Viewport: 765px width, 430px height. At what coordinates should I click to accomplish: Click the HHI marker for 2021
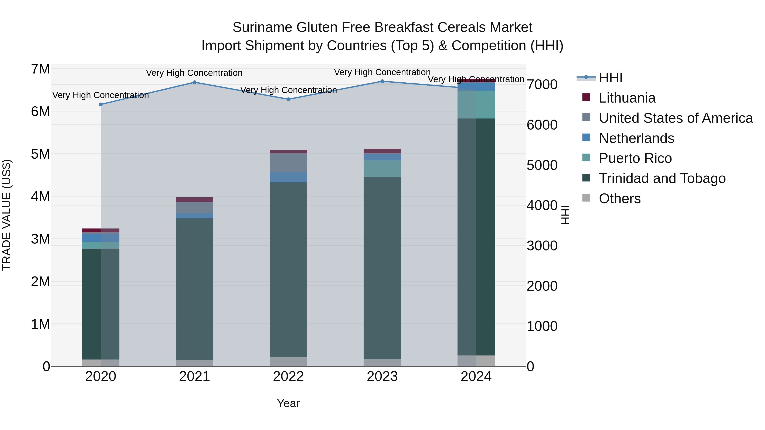click(194, 82)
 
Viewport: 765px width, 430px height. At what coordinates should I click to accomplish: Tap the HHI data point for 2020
click(101, 104)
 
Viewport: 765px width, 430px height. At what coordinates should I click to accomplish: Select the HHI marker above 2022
click(288, 99)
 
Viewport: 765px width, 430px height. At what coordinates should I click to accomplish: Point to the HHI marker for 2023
click(382, 81)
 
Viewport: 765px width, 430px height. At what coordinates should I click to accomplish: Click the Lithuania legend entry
click(627, 98)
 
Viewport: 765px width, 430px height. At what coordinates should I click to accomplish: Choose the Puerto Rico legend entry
click(635, 158)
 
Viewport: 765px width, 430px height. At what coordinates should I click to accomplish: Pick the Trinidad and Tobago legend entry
click(662, 178)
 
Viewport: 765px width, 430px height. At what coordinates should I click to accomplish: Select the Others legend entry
click(619, 199)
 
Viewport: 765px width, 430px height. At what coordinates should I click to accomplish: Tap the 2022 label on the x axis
click(288, 376)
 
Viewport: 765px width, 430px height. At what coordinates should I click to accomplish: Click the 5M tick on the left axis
click(40, 154)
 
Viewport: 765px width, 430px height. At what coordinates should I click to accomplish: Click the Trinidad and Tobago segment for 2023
click(382, 267)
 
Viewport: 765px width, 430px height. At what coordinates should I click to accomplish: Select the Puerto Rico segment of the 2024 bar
click(476, 104)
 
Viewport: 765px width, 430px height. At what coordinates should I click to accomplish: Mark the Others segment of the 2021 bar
click(194, 363)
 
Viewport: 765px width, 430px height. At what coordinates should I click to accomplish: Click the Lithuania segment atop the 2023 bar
click(382, 151)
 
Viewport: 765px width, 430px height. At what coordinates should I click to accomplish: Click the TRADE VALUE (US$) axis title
click(7, 215)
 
